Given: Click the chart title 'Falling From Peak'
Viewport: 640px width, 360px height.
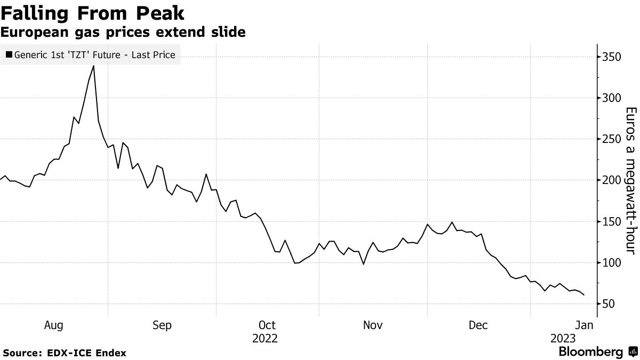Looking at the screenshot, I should point(92,12).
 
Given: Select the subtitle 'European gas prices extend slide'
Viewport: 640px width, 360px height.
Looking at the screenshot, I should point(123,33).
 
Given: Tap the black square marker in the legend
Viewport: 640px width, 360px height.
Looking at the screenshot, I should point(9,55).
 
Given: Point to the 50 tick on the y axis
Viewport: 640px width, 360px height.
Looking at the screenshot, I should point(609,304).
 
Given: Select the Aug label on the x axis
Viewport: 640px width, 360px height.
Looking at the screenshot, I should point(54,325).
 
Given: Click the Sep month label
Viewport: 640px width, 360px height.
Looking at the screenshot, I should point(162,325).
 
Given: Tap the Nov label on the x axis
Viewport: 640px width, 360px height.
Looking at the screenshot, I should point(373,325).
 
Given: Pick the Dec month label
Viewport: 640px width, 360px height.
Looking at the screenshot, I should point(478,325).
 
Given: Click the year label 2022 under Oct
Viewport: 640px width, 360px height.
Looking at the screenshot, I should point(266,339).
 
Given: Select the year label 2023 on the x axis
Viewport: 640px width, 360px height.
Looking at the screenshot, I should point(563,339).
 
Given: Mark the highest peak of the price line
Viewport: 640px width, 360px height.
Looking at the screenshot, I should point(94,66).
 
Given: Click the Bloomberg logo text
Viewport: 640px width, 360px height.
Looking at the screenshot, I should point(590,352).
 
